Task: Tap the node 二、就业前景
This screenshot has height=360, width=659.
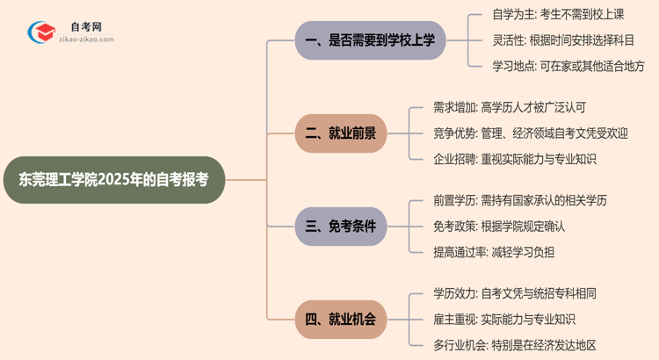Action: pos(347,133)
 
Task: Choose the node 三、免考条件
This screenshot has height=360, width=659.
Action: pos(347,227)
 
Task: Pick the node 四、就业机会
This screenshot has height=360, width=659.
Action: pos(347,320)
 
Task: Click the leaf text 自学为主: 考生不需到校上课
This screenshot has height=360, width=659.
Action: pos(560,15)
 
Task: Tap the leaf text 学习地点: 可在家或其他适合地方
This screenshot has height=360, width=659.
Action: pos(568,66)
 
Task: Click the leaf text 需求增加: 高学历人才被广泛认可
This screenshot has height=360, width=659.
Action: pos(510,108)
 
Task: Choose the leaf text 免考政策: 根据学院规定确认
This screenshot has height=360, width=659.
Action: pos(498,227)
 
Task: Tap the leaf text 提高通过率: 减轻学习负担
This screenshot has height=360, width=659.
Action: pos(494,252)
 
